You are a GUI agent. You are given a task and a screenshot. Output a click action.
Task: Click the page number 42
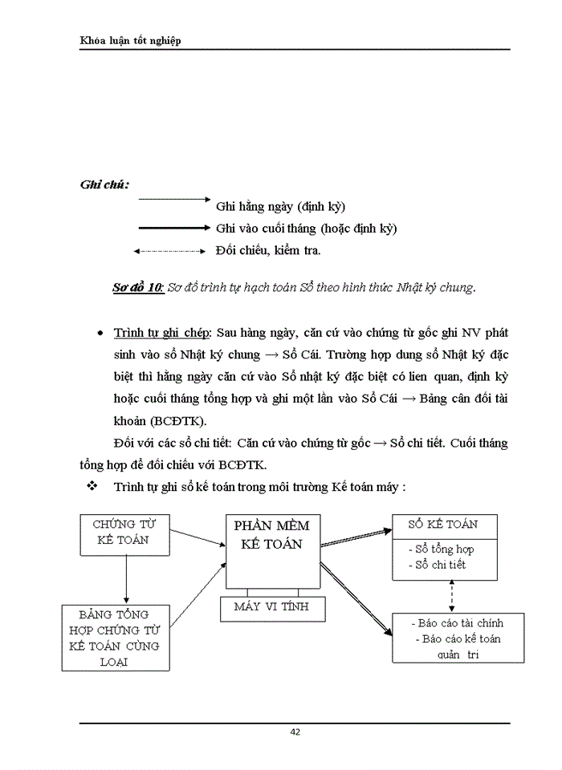point(295,731)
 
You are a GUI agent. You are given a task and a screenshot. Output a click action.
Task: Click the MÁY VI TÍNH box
point(271,607)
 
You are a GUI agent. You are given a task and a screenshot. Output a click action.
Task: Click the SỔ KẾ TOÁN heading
point(442,525)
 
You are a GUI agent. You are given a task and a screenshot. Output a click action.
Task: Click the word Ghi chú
point(104,184)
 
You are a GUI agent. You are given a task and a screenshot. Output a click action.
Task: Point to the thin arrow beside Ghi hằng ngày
point(173,198)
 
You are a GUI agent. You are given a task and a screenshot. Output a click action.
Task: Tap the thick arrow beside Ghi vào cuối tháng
point(173,228)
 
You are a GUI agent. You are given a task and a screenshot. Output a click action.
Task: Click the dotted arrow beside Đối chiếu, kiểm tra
point(170,251)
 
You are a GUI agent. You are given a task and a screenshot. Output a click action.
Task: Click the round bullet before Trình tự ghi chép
point(99,333)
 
